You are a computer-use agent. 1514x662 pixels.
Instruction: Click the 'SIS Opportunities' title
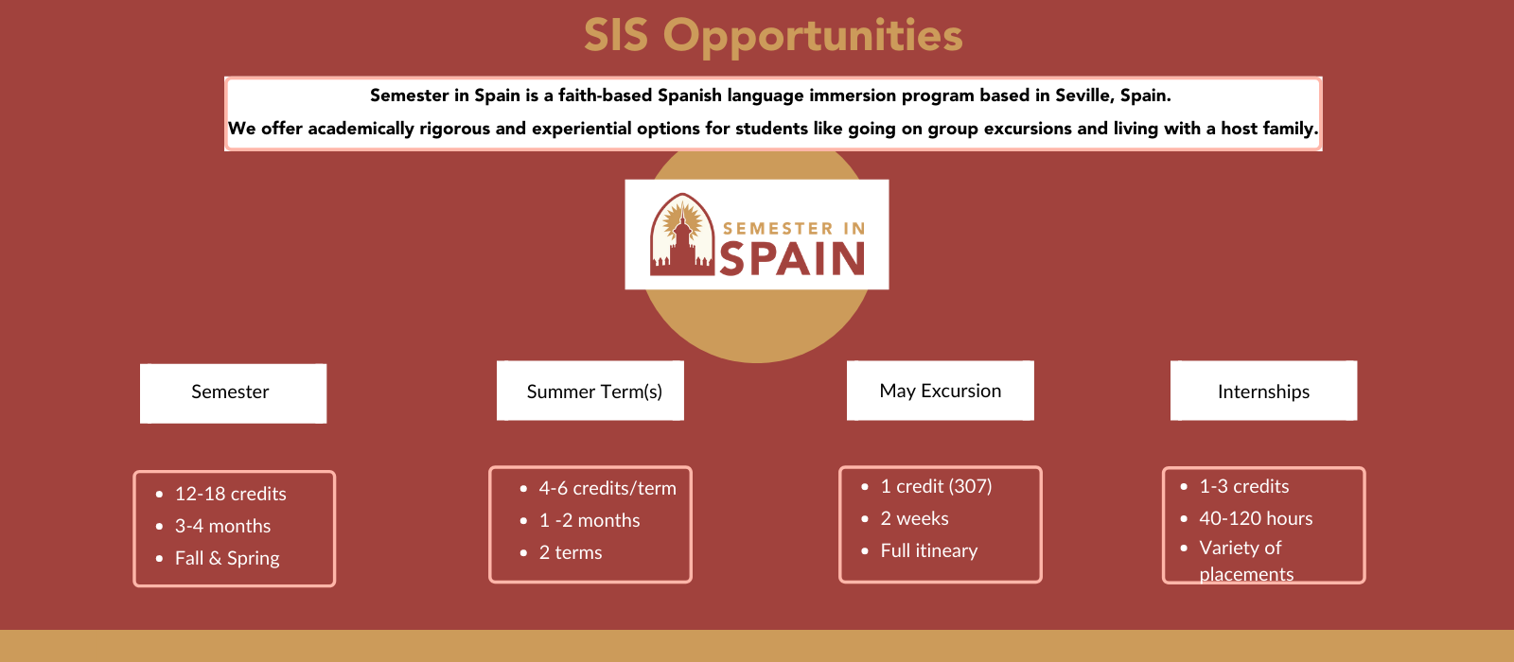773,36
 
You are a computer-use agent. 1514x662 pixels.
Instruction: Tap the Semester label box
233,393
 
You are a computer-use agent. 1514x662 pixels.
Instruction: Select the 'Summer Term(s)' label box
590,391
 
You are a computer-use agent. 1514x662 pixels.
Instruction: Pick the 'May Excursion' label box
941,391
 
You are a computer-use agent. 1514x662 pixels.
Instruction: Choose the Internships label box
1263,391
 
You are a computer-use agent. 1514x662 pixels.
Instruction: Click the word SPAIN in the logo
792,259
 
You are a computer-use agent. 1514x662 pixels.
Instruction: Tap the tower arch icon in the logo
682,235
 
